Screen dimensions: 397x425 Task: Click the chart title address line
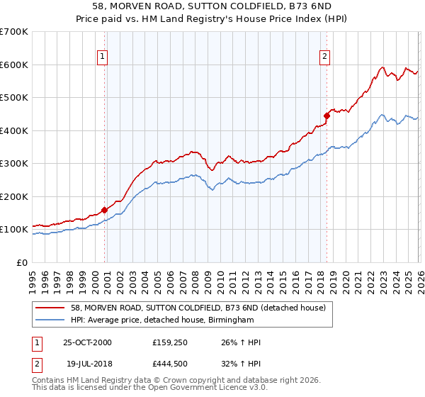tap(212, 6)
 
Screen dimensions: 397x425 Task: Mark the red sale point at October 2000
tap(105, 210)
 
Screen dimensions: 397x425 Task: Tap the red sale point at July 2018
tap(327, 116)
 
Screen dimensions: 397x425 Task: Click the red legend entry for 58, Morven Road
tap(198, 308)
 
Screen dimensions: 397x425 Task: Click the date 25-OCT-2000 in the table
tap(87, 342)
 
